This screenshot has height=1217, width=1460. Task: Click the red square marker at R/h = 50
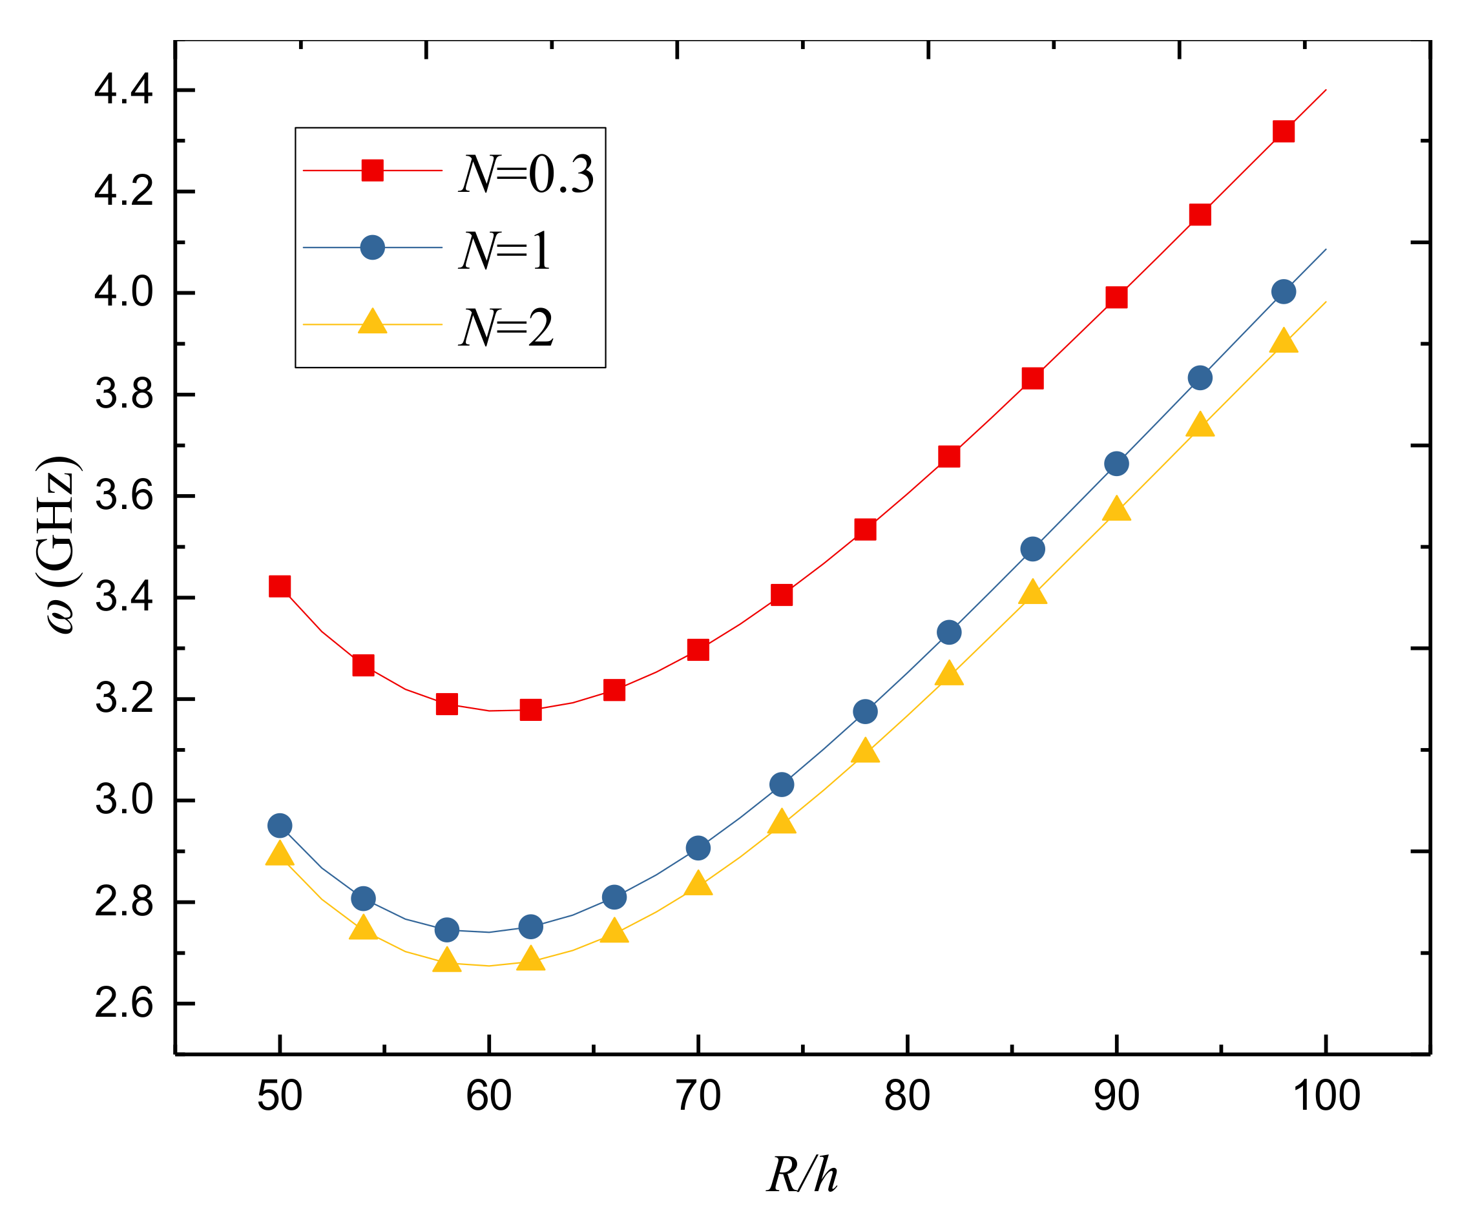(280, 587)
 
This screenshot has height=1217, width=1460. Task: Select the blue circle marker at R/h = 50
(280, 826)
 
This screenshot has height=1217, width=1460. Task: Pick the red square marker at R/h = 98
(1284, 131)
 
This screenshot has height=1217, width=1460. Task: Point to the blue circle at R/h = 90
(1116, 464)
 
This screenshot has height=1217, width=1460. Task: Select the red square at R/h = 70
(698, 650)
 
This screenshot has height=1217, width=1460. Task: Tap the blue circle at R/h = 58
(446, 930)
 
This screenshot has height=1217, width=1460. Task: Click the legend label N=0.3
(527, 173)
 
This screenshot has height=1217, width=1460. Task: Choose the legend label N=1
(505, 250)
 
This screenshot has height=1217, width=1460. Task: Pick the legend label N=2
(507, 328)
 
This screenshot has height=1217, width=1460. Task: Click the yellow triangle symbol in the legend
(373, 322)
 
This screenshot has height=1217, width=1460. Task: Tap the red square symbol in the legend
(373, 171)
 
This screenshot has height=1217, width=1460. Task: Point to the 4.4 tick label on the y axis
(123, 90)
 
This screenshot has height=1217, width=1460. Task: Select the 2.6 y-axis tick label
(123, 1004)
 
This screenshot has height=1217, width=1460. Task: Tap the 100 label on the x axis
(1326, 1097)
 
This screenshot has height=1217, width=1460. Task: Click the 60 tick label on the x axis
(489, 1097)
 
